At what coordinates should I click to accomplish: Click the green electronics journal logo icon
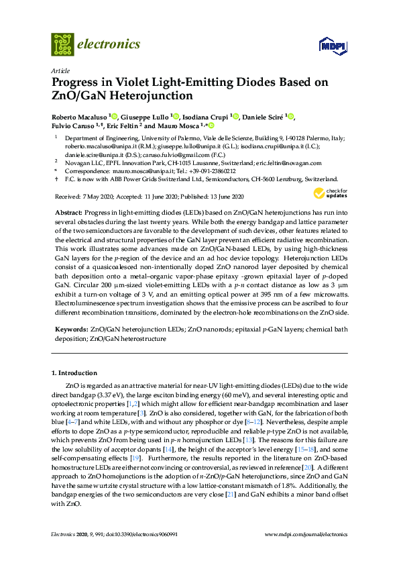pyautogui.click(x=62, y=44)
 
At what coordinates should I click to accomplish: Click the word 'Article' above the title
pyautogui.click(x=60, y=70)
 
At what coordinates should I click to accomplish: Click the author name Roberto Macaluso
pyautogui.click(x=79, y=116)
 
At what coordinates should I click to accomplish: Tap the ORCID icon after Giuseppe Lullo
pyautogui.click(x=176, y=116)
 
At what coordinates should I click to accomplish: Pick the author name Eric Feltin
pyautogui.click(x=123, y=125)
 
